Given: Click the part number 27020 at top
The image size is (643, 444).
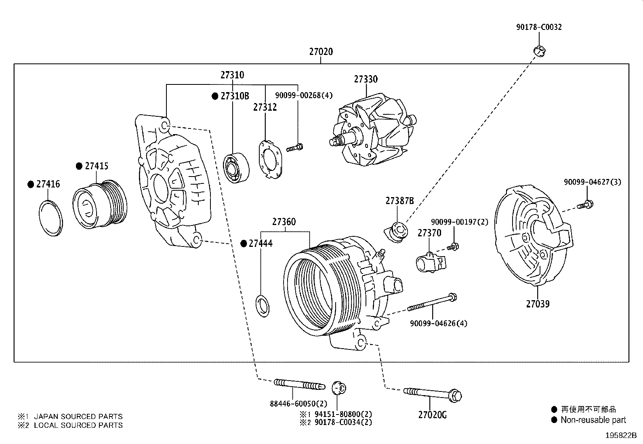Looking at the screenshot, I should tap(321, 52).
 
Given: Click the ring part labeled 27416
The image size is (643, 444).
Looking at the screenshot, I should tap(51, 218).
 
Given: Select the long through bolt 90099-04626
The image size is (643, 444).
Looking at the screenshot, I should tap(432, 303).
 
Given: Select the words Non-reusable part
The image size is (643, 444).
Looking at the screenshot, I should tap(593, 420).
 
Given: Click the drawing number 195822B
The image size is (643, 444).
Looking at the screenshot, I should tap(621, 436).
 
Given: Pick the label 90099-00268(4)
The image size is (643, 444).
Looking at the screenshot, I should tap(304, 95).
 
